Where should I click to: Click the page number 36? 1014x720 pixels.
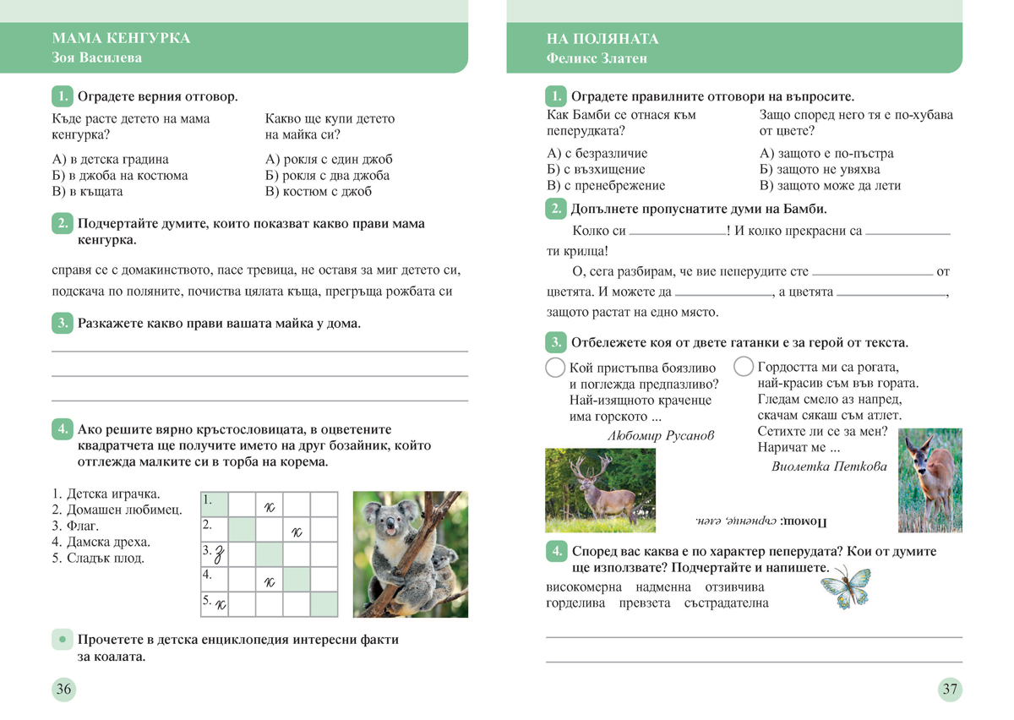63,689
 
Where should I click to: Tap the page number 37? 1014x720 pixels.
950,689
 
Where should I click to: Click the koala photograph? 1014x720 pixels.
410,554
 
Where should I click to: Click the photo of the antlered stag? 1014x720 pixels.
600,490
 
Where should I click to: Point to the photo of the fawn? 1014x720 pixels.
929,480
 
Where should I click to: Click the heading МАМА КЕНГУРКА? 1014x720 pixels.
121,39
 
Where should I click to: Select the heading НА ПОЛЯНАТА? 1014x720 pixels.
602,39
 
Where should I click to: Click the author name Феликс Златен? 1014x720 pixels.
597,58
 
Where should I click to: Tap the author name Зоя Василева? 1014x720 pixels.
97,58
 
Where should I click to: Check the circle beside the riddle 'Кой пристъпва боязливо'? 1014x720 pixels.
555,368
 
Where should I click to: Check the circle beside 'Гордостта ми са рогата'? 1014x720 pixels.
744,367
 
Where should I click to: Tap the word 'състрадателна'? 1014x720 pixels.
727,603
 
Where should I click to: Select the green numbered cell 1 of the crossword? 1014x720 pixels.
215,504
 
